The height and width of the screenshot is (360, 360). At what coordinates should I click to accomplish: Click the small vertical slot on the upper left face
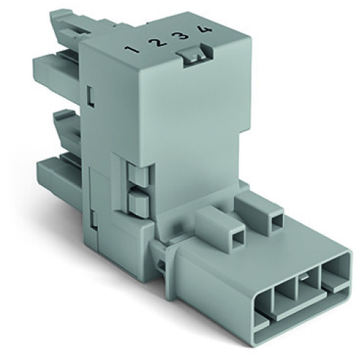click(90, 94)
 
